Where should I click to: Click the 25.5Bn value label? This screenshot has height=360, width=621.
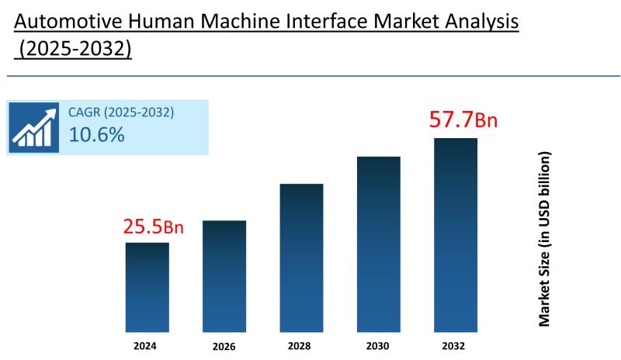[154, 227]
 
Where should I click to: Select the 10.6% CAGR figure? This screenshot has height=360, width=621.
[96, 135]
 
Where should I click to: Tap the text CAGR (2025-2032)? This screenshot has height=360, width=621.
[121, 112]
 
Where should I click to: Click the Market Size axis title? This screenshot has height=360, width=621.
[545, 239]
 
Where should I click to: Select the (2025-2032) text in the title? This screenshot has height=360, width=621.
[75, 49]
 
